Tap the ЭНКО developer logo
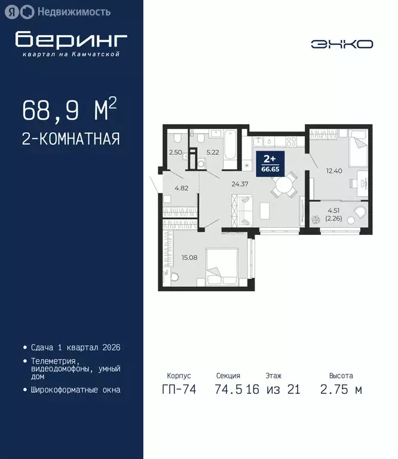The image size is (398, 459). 342,44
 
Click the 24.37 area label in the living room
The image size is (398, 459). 240,184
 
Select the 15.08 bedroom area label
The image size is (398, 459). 189,258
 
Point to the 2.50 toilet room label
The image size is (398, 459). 176,153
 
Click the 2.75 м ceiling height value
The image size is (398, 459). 341,390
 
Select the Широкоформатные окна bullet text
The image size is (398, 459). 75,390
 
